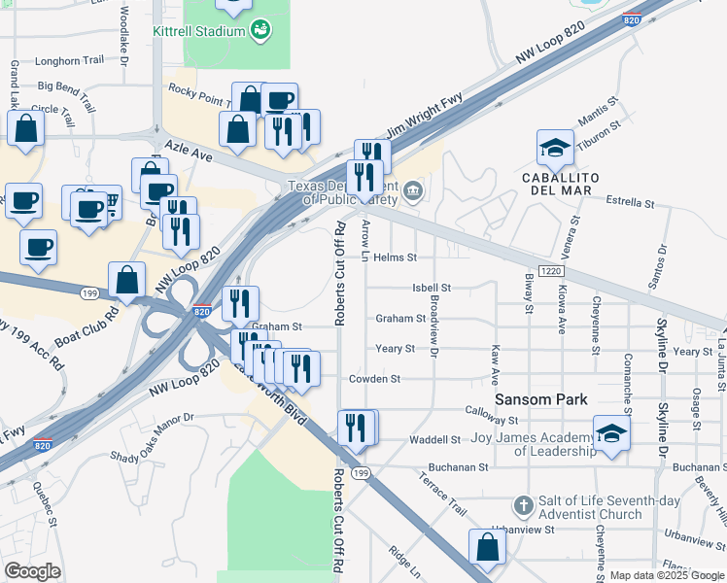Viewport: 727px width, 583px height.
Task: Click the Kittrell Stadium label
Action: point(198,31)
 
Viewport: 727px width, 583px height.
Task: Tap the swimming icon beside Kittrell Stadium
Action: point(260,30)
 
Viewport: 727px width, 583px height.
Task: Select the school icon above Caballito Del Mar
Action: point(555,149)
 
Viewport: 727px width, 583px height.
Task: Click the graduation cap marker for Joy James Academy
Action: point(611,434)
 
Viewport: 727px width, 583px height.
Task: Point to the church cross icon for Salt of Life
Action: point(523,506)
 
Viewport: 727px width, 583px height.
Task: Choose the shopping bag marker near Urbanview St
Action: point(487,547)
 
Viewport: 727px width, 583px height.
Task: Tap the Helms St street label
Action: point(396,257)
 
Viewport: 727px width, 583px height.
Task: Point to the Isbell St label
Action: point(432,288)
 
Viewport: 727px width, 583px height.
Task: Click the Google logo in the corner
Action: point(32,570)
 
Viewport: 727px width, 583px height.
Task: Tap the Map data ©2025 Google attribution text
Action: point(667,575)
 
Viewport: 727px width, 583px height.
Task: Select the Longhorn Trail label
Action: point(71,60)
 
